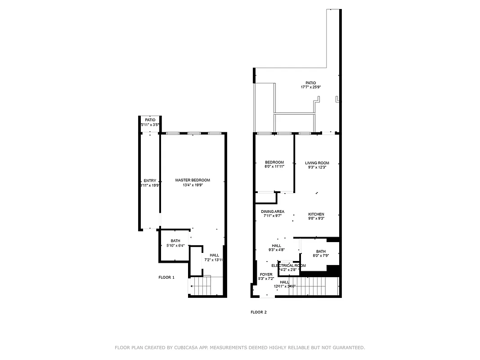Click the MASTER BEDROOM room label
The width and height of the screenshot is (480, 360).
click(x=193, y=180)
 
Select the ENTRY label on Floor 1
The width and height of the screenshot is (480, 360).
click(x=150, y=180)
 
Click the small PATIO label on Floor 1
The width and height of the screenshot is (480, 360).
click(x=150, y=120)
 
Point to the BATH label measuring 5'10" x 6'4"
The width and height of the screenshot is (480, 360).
click(x=175, y=241)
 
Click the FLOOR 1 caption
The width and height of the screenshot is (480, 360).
click(x=166, y=277)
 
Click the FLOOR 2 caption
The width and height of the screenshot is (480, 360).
click(x=259, y=312)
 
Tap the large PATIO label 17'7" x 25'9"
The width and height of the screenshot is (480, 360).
click(x=310, y=83)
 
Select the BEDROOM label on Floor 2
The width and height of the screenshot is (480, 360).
click(x=274, y=162)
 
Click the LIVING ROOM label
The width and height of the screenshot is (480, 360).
click(x=317, y=163)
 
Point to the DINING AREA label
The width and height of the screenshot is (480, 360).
click(x=272, y=211)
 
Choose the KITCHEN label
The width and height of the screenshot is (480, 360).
click(x=316, y=214)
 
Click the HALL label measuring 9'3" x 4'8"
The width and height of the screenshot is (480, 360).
click(x=276, y=246)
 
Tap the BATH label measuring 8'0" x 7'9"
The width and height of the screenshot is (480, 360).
click(x=321, y=252)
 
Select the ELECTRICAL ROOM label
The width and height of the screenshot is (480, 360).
click(x=288, y=265)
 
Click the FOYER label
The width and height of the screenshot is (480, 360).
click(x=266, y=274)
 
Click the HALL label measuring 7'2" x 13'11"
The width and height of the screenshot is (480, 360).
click(x=214, y=255)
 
